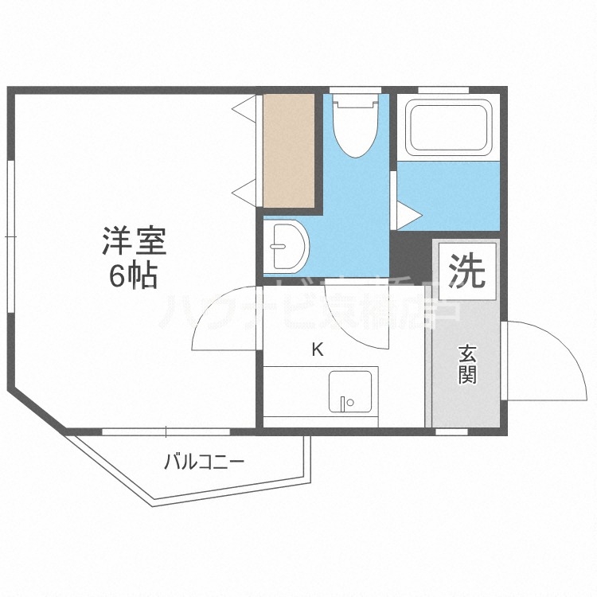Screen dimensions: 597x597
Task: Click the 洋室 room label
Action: tap(133, 241)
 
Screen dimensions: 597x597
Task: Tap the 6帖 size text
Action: tap(133, 276)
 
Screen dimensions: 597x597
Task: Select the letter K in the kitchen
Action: tap(317, 349)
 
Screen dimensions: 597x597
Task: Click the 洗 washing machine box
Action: tap(466, 270)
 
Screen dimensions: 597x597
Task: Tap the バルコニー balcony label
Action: tap(203, 462)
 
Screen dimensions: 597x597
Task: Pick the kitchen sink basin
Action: tap(346, 391)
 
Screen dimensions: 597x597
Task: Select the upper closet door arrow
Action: tap(244, 106)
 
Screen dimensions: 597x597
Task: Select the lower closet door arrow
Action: tap(244, 190)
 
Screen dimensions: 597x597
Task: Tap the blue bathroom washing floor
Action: tap(447, 195)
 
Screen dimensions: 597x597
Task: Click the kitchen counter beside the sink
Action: tap(295, 391)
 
